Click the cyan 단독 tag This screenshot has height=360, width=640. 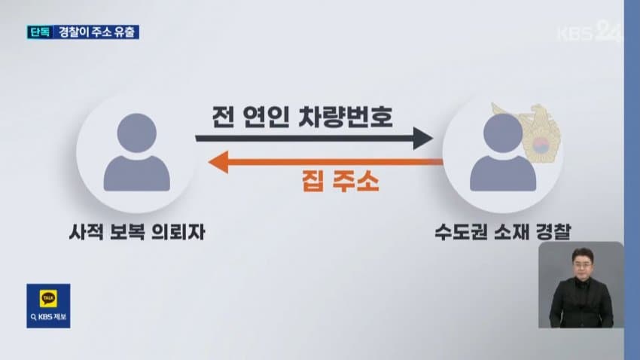tap(40, 32)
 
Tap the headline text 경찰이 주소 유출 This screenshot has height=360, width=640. tap(96, 32)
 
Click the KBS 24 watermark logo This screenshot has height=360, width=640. tap(590, 31)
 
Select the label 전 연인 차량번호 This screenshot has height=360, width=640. tap(303, 117)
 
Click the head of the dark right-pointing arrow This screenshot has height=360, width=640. tap(423, 139)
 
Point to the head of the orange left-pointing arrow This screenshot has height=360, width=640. tap(218, 162)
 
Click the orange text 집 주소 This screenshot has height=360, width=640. tap(340, 182)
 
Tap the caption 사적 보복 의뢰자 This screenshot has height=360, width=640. tap(137, 232)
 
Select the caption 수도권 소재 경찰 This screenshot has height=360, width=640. tap(503, 232)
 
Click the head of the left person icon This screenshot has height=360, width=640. tap(137, 133)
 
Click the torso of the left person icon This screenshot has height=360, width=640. tap(137, 173)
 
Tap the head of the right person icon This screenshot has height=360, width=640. tap(503, 133)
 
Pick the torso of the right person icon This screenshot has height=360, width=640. tap(503, 173)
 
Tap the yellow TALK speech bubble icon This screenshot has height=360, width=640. tap(49, 298)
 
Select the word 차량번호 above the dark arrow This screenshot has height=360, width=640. tap(346, 117)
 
